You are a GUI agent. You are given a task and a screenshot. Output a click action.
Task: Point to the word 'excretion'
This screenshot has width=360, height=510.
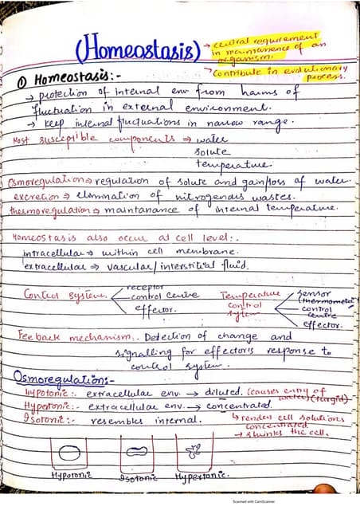(x=32, y=196)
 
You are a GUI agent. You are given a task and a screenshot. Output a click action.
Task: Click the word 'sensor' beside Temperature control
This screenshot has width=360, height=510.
(x=308, y=292)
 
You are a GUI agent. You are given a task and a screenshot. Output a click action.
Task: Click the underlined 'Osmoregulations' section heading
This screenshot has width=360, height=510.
(x=62, y=379)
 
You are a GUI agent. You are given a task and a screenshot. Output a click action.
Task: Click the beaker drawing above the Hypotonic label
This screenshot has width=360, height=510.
(x=72, y=455)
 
